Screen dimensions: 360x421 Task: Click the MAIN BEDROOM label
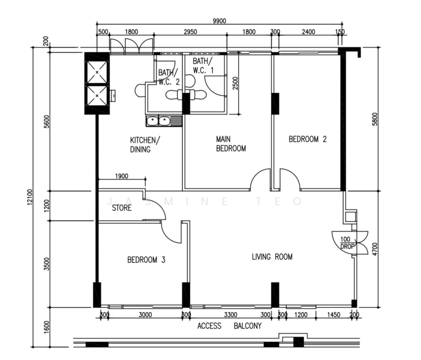pos(231,144)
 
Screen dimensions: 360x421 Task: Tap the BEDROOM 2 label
pos(308,139)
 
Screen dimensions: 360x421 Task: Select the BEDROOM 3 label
pos(146,260)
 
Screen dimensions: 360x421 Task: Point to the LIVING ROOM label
pos(272,257)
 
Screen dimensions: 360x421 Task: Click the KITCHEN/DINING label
pos(145,145)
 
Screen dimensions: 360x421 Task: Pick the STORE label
pos(123,208)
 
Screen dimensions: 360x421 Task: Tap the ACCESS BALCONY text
pos(229,326)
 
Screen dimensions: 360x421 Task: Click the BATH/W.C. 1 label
pos(203,66)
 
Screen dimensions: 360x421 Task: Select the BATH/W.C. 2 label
pos(168,77)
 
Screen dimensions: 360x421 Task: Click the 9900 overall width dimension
pos(219,20)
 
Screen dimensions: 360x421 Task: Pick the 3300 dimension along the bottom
pos(231,314)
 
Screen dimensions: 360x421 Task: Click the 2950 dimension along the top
pos(190,32)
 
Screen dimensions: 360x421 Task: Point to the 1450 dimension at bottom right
pos(335,314)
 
